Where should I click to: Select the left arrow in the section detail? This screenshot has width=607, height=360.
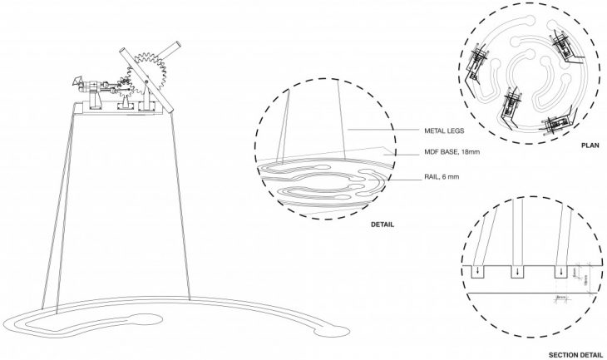click(479, 271)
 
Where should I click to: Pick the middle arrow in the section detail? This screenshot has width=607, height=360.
click(519, 271)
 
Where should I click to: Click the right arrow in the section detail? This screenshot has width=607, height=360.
click(561, 271)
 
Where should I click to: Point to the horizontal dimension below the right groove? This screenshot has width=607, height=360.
click(562, 297)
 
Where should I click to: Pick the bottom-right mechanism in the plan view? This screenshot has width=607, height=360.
click(556, 124)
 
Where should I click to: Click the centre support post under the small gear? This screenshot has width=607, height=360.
click(126, 102)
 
